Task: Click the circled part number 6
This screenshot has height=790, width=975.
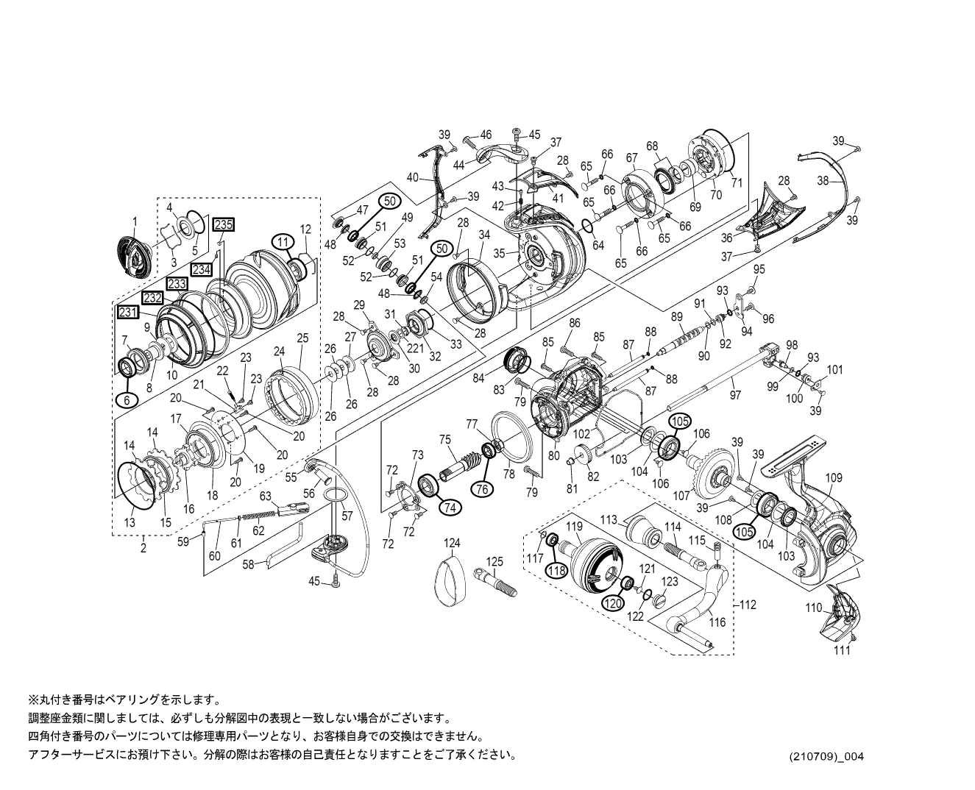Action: click(126, 399)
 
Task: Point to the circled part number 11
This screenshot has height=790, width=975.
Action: click(281, 241)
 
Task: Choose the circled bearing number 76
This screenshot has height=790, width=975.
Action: click(482, 489)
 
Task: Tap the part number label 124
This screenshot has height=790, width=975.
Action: click(452, 543)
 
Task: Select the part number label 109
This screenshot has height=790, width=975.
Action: click(833, 478)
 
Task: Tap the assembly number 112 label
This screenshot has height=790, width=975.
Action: click(748, 605)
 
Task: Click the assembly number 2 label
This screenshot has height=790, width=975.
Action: click(143, 547)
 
